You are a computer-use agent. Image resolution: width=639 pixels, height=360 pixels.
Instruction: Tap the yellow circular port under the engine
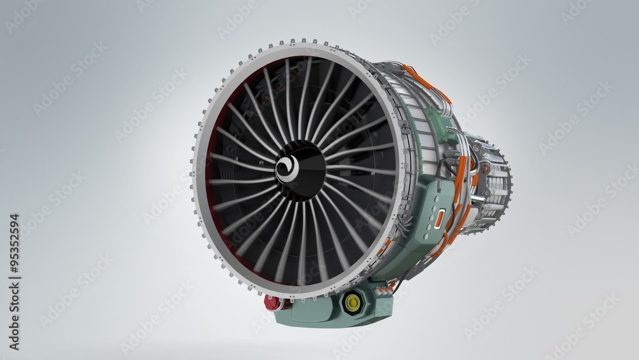pyautogui.click(x=351, y=302)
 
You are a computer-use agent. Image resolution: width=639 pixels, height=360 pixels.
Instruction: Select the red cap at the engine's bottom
pyautogui.click(x=272, y=302)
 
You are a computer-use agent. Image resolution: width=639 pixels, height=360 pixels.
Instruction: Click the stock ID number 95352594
pyautogui.click(x=13, y=281)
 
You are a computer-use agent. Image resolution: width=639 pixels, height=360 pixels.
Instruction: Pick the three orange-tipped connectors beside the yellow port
pyautogui.click(x=384, y=291)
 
